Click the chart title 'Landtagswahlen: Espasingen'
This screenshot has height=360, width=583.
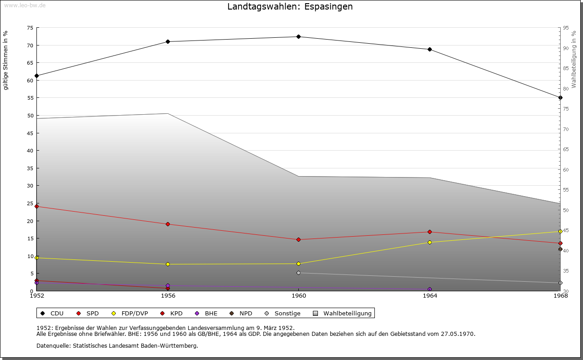pos(290,7)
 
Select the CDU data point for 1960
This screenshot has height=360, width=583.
pos(298,37)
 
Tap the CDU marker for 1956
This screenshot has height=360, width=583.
pos(168,42)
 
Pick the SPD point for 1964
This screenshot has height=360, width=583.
pos(430,232)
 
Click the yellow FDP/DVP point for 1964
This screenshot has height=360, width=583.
pos(430,243)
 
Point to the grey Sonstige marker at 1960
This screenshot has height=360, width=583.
pos(298,273)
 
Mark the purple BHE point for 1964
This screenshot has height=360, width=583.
pos(430,289)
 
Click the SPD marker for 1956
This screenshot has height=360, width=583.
pos(168,224)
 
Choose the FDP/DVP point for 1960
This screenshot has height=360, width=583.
pos(298,264)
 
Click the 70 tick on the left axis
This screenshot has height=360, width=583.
pos(30,46)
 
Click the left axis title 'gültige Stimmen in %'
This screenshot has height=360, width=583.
pos(6,61)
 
